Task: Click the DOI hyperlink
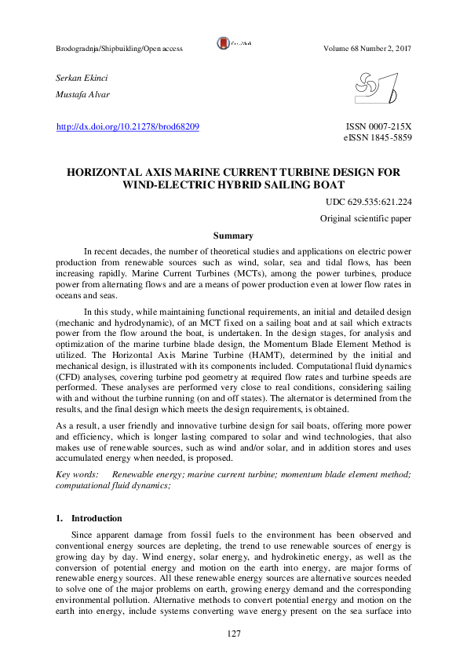[x=128, y=126]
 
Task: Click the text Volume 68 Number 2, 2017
[x=367, y=49]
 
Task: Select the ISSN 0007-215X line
[x=379, y=126]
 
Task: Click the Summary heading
[x=233, y=236]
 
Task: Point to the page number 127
[x=233, y=634]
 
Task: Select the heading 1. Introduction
[x=89, y=518]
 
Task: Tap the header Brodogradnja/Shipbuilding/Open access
[x=119, y=49]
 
